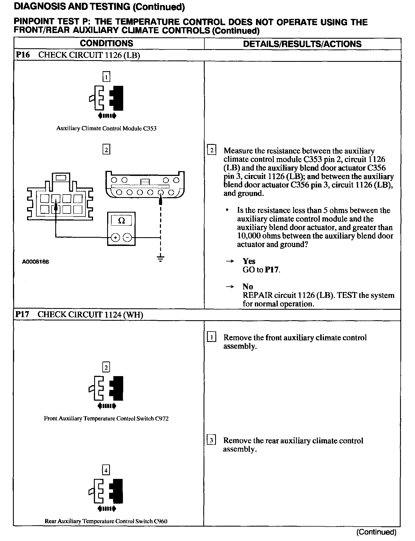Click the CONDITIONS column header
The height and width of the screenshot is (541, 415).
pos(106,43)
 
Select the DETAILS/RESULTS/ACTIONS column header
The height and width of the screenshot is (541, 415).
pos(302,44)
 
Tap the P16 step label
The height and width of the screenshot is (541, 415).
pos(23,55)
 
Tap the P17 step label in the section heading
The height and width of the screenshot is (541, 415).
pos(22,314)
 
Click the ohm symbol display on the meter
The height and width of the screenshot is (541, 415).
pos(122,221)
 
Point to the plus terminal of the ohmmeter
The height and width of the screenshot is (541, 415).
pos(115,238)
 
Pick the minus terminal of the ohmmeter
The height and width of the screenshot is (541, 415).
pos(128,238)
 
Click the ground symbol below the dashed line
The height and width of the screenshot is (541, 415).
pos(160,258)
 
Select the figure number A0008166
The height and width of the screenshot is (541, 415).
pos(36,262)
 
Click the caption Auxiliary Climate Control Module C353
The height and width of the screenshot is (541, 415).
pos(106,128)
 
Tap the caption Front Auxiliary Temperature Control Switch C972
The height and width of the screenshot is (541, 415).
pos(106,418)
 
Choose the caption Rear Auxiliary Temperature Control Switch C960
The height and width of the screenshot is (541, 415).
pos(106,521)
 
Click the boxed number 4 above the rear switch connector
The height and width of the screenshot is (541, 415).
pos(106,470)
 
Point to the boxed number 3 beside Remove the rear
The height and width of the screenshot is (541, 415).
pos(211,440)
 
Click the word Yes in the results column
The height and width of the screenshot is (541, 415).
pos(249,261)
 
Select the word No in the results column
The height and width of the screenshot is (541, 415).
pos(248,287)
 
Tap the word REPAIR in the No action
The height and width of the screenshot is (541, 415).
pos(257,295)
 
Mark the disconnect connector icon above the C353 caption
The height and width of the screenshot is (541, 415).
pos(106,98)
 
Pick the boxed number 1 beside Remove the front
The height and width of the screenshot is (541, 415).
pos(211,337)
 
